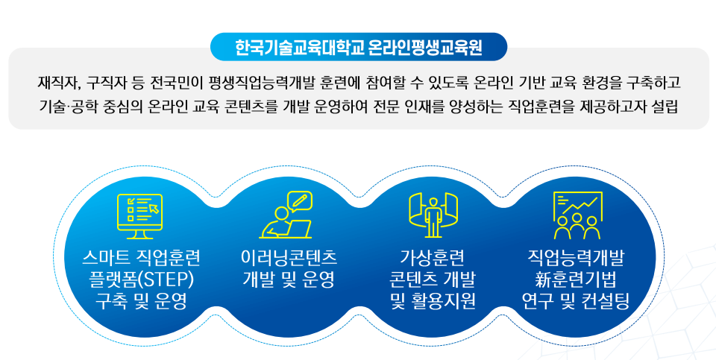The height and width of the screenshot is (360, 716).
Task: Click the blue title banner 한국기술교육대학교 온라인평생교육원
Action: (x=358, y=47)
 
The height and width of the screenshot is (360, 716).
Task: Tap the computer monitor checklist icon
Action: (x=139, y=215)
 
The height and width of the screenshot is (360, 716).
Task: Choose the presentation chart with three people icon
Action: (x=577, y=215)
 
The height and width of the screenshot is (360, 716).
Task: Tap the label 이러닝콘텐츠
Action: (x=288, y=259)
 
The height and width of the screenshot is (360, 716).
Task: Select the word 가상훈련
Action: (x=433, y=259)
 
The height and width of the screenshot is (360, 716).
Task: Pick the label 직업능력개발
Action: (x=577, y=259)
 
